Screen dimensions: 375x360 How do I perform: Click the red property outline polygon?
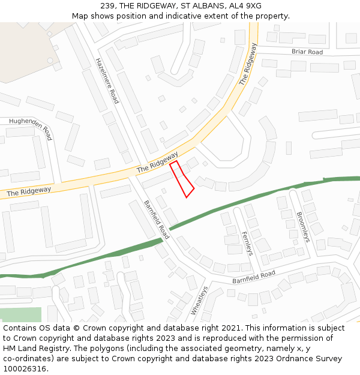(x=182, y=179)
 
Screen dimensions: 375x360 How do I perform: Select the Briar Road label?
(x=307, y=52)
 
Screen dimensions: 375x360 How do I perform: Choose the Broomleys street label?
(x=304, y=226)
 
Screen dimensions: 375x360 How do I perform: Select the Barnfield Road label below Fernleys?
(x=253, y=277)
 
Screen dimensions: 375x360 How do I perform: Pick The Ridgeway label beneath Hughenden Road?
(x=29, y=191)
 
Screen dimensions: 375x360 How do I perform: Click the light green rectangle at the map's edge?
(x=20, y=314)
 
